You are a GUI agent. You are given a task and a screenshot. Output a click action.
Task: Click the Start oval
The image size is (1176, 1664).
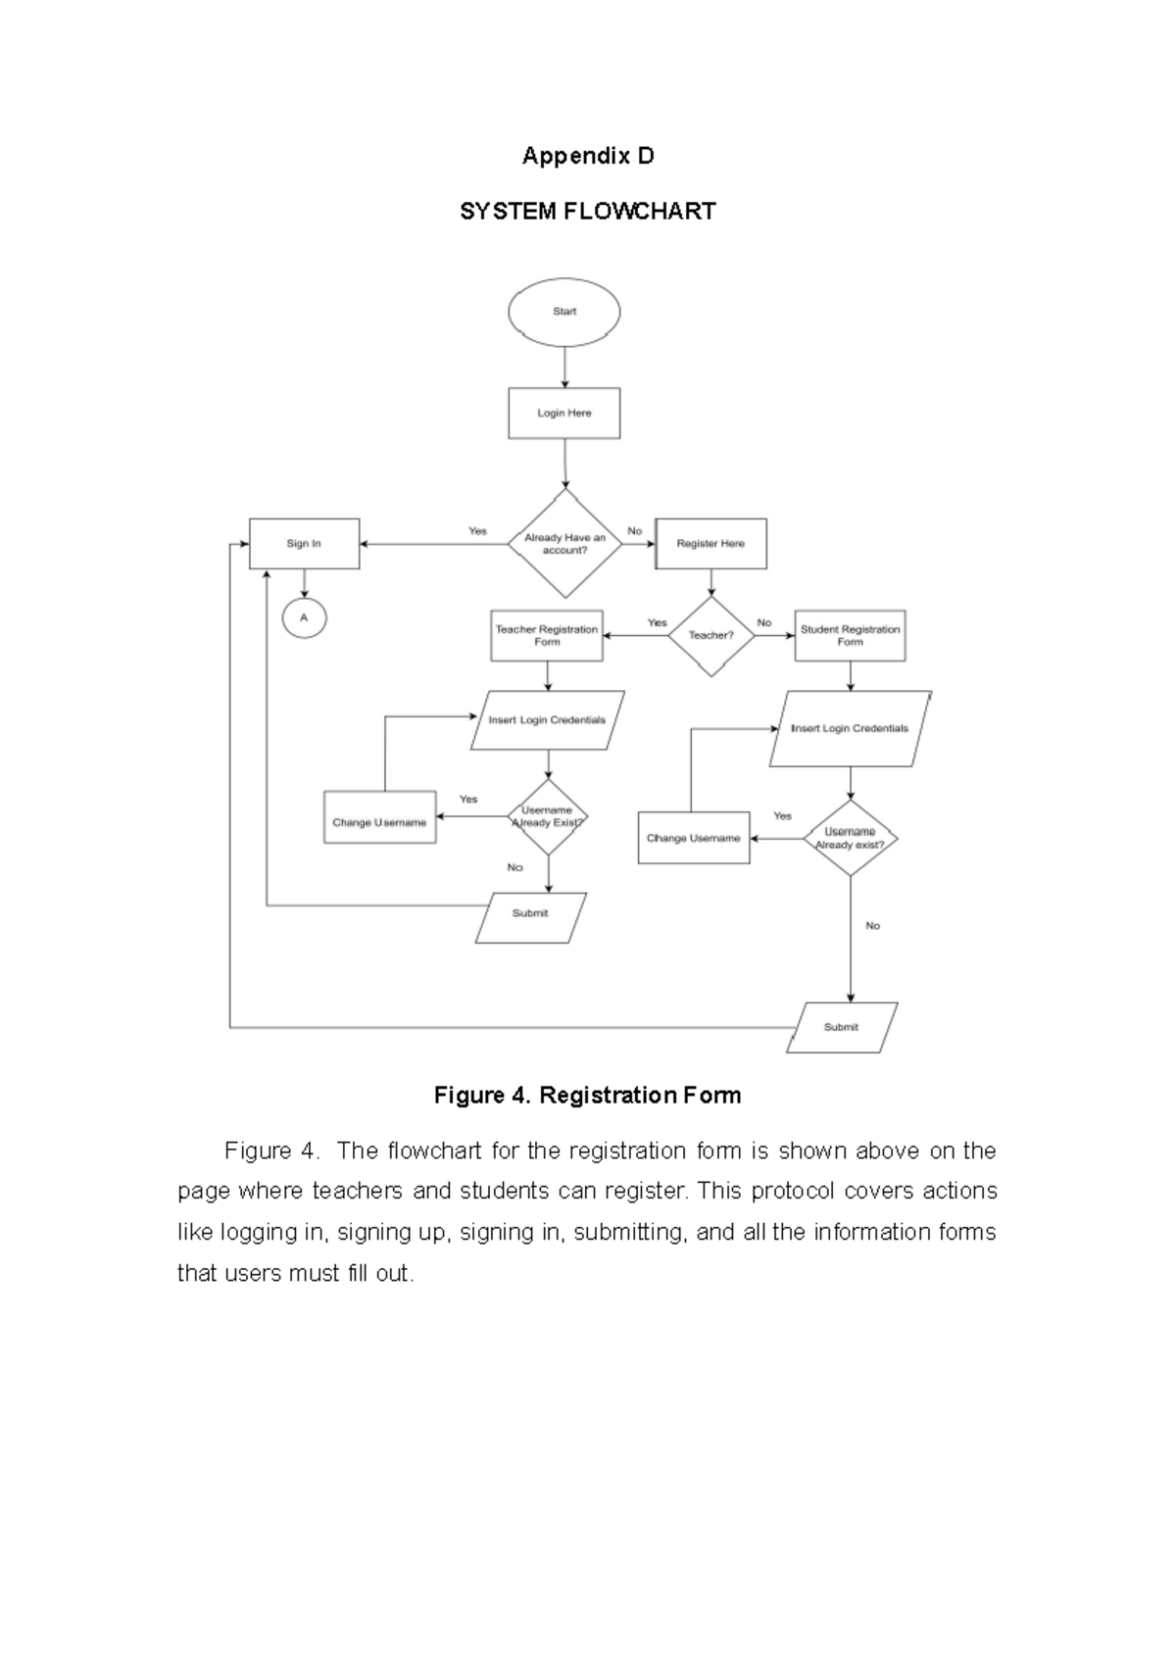tap(563, 312)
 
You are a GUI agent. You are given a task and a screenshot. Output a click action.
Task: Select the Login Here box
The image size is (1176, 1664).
tap(563, 413)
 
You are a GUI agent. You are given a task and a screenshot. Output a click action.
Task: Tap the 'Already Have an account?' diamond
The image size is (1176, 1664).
tap(564, 544)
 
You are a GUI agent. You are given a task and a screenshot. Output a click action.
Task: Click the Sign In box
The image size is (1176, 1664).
tap(304, 544)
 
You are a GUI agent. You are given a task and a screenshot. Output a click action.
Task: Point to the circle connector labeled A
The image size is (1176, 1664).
tap(304, 617)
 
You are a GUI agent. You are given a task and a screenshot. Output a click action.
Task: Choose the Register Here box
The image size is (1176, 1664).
tap(710, 544)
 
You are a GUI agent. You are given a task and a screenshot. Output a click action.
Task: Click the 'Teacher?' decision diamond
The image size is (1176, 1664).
tap(710, 635)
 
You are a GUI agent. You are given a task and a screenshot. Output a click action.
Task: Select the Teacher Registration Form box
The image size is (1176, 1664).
tap(547, 635)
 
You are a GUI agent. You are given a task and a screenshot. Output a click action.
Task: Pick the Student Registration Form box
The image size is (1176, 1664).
tap(850, 635)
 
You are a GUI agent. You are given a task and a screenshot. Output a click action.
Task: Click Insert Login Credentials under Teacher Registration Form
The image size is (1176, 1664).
tap(547, 720)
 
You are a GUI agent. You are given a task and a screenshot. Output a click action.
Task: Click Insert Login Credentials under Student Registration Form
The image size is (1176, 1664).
tap(850, 729)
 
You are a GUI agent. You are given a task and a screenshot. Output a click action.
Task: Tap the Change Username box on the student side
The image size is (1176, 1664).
tap(693, 838)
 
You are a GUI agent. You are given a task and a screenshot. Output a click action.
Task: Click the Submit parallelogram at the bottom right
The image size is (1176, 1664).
tap(842, 1027)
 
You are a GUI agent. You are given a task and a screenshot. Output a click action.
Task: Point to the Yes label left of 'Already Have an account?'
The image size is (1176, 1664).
tap(477, 531)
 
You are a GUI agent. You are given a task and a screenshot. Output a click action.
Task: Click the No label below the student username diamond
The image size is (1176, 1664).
tap(872, 925)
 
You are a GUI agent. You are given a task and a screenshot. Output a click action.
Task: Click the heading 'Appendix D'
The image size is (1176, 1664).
tap(587, 156)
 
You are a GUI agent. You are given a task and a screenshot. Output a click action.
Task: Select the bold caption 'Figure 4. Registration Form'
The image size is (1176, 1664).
tap(587, 1096)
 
